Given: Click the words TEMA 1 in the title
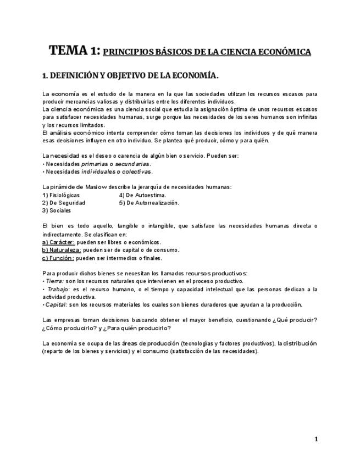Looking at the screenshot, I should (74, 51).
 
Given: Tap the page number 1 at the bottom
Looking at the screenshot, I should (316, 439).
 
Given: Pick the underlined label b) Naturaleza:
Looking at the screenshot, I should (62, 249).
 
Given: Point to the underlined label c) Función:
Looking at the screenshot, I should (58, 258).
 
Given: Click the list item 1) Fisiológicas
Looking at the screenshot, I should (61, 195).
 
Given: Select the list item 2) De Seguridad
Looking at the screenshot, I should (63, 203).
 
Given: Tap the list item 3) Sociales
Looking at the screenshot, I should (57, 210).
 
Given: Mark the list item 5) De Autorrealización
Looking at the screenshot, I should (149, 203).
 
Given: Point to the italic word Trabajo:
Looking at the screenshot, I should (57, 289).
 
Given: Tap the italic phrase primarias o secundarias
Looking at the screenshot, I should (115, 164).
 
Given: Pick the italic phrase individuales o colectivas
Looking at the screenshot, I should (116, 171).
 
